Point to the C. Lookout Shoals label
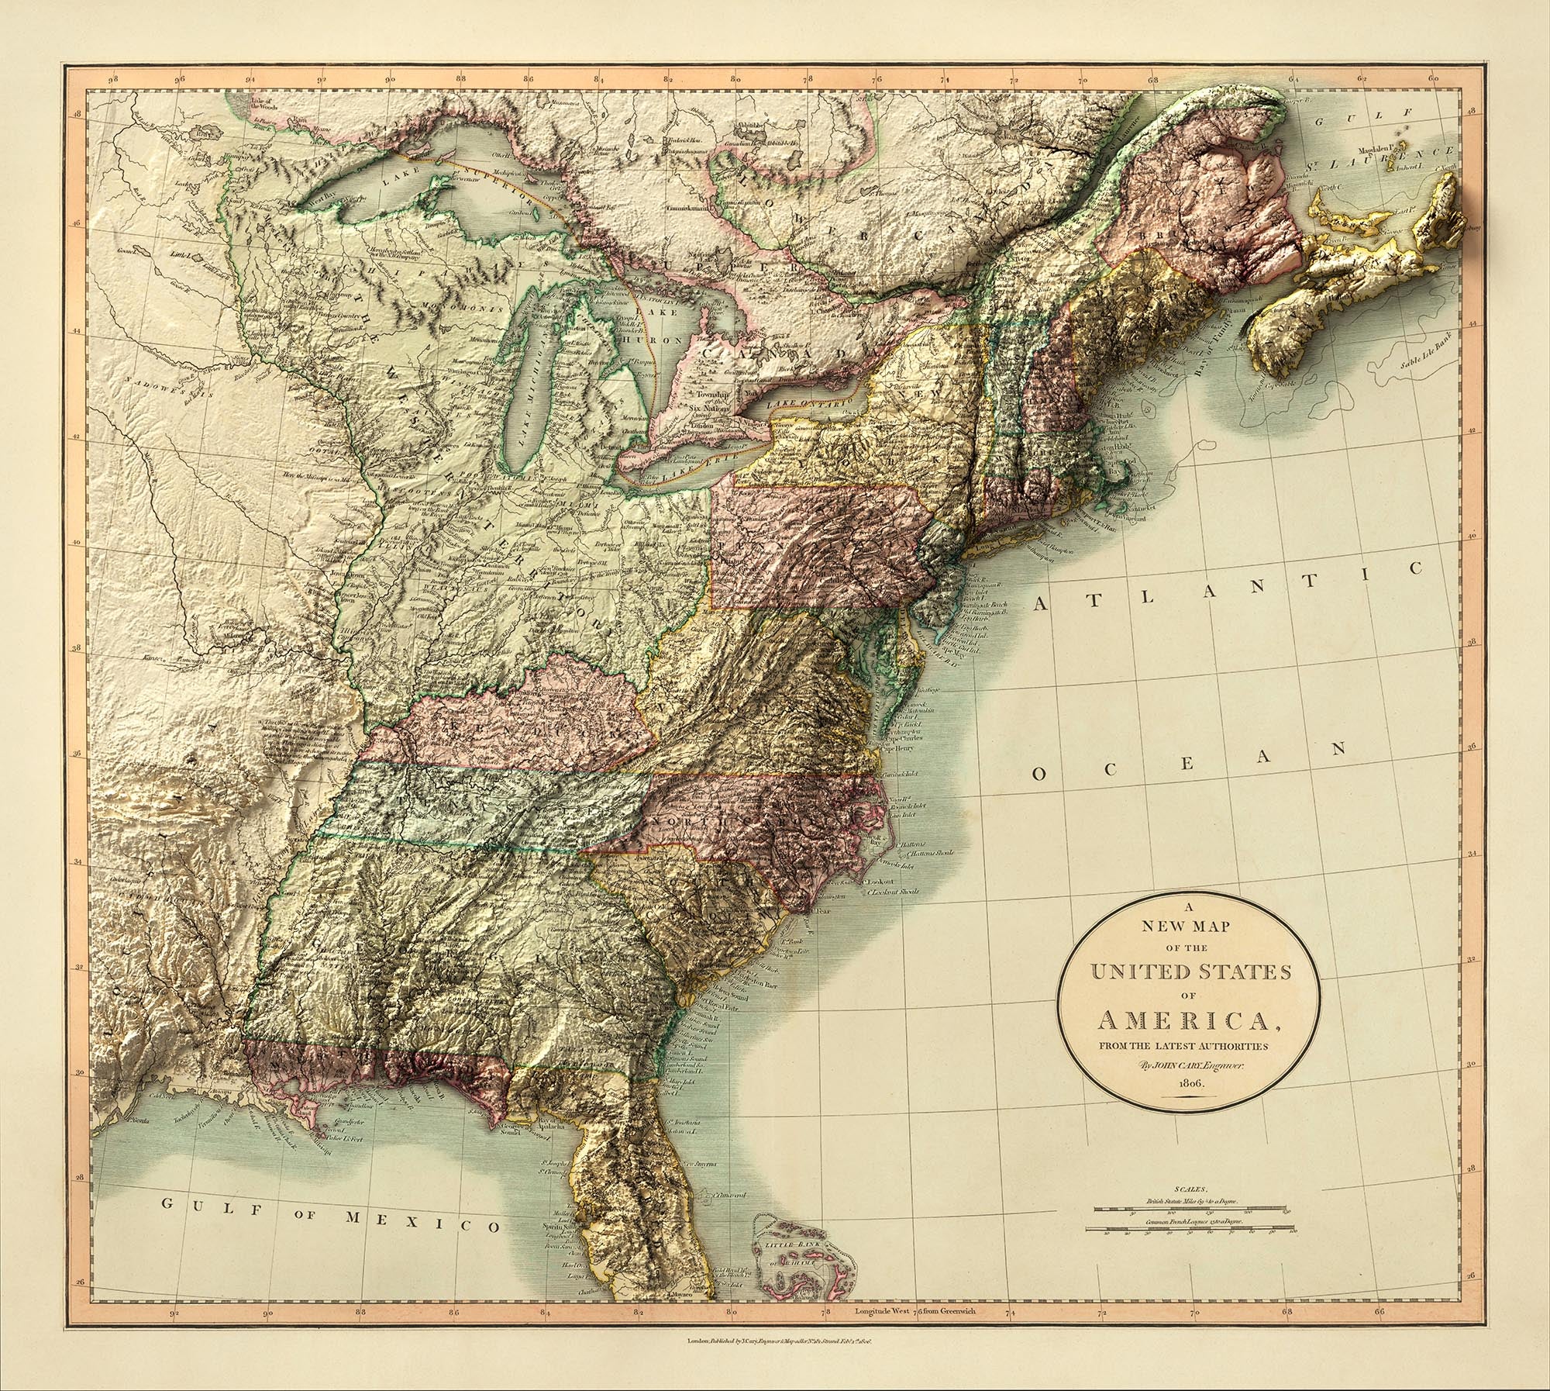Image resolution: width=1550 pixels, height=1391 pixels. click(x=895, y=892)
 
